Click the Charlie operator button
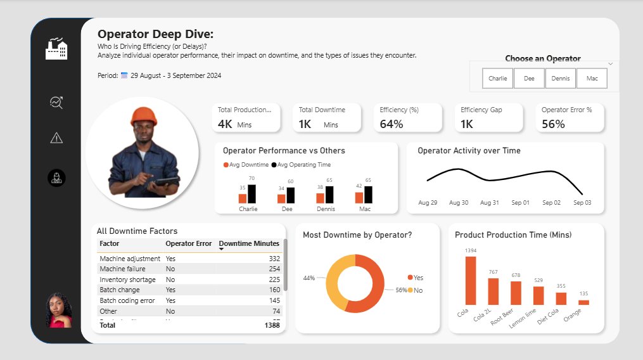(x=497, y=79)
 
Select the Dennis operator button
(x=560, y=79)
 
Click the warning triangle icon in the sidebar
(x=56, y=138)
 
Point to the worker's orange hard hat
(x=144, y=115)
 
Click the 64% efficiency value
(x=392, y=124)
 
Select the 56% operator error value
(x=553, y=124)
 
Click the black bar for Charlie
(x=251, y=193)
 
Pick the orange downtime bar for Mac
(x=359, y=197)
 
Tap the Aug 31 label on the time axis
(x=490, y=203)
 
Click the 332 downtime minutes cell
(x=274, y=259)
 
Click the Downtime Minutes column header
(x=249, y=243)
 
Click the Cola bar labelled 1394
(x=470, y=280)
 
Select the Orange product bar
(x=583, y=302)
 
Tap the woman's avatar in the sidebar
(x=59, y=310)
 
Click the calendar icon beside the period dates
(x=124, y=75)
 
